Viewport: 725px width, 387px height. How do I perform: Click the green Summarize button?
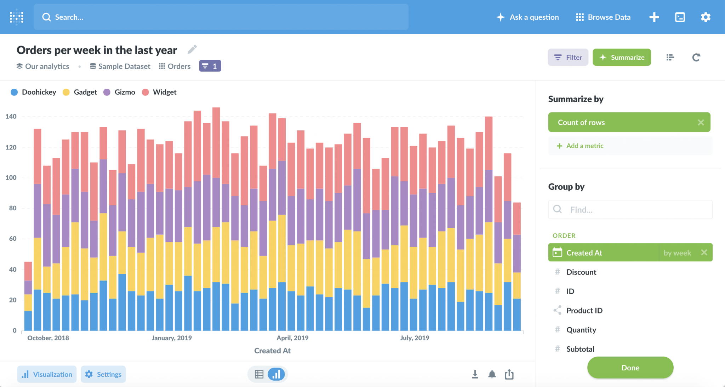(622, 57)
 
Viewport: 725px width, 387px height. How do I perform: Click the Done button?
(630, 368)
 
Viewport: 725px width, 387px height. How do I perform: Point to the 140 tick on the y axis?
(11, 116)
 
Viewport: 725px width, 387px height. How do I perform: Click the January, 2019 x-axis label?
(172, 338)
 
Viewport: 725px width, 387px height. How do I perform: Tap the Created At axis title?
(272, 351)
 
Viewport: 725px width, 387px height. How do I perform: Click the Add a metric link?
(584, 146)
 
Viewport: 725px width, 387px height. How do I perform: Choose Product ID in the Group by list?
(584, 311)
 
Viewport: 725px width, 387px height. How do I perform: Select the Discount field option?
(581, 272)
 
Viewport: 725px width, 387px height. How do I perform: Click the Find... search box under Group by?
(630, 210)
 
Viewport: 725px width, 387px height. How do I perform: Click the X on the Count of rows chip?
(701, 122)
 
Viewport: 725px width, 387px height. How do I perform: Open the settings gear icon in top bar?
(705, 17)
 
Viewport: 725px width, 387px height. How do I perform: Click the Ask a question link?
(528, 17)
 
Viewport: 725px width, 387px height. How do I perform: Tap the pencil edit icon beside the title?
(192, 49)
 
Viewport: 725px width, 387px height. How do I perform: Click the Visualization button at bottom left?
(47, 374)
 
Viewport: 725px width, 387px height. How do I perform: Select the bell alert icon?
(492, 374)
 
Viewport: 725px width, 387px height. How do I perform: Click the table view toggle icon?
(259, 374)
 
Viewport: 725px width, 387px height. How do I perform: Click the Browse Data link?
(603, 17)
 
